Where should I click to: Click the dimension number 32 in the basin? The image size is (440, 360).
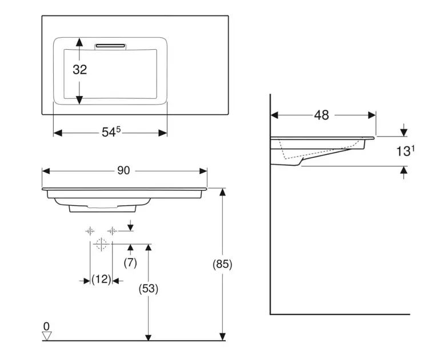[80, 70]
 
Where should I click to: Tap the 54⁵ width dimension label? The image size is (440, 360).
[111, 132]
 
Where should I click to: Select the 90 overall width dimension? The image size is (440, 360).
[124, 170]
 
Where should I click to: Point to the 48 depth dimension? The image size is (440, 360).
[322, 115]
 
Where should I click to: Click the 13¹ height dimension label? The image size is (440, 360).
[405, 151]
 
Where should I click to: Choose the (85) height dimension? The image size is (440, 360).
[222, 264]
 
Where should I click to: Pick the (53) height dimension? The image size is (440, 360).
[149, 289]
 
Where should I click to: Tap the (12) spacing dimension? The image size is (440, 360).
[101, 280]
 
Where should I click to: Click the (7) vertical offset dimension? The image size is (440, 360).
[131, 263]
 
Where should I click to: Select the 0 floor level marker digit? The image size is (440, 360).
[47, 326]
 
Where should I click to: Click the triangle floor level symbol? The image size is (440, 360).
[47, 336]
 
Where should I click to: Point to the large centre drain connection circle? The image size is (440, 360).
[102, 245]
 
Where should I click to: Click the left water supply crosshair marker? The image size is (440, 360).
[90, 231]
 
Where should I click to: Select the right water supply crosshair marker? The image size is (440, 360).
[113, 231]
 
